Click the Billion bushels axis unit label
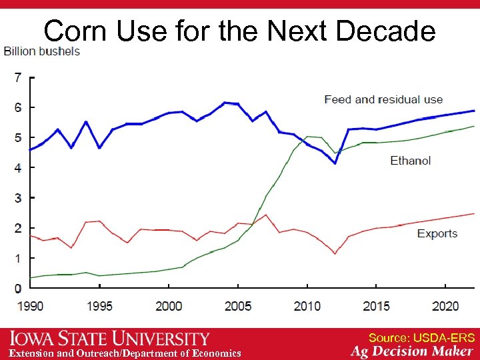click(42, 51)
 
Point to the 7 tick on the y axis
click(17, 78)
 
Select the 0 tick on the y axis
click(17, 289)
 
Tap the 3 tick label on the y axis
click(17, 198)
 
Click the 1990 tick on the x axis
click(30, 306)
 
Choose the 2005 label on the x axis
click(238, 306)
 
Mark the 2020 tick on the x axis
click(445, 306)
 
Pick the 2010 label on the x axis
click(307, 306)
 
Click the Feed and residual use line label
click(383, 100)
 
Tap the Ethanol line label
click(410, 161)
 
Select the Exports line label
click(437, 233)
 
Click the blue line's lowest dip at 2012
click(335, 163)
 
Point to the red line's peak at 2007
click(266, 215)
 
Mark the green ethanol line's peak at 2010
click(307, 137)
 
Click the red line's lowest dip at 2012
click(335, 253)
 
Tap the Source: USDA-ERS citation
click(421, 337)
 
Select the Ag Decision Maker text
click(412, 351)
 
